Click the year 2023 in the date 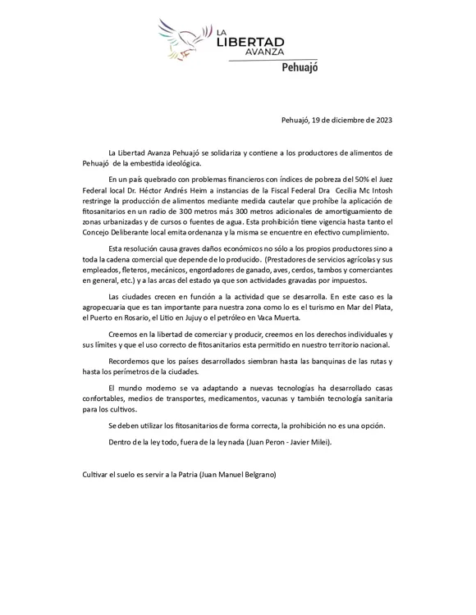(x=380, y=119)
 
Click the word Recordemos (x=131, y=362)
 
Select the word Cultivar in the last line (x=98, y=475)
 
